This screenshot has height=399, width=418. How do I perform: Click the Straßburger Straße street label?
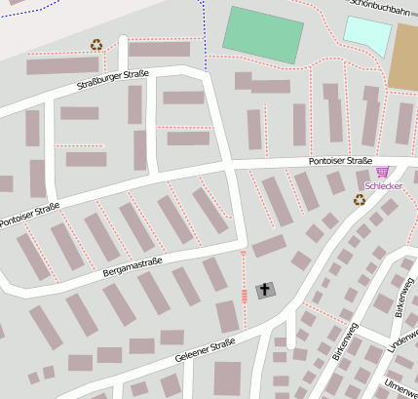coord(114,80)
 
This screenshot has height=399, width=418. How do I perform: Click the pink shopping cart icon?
coord(381,172)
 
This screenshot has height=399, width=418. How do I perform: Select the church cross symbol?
coord(264,290)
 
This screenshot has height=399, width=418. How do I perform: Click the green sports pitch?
coord(263,35)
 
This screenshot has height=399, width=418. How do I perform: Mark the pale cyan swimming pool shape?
coord(367,35)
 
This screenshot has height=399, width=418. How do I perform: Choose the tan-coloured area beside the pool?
coord(404,57)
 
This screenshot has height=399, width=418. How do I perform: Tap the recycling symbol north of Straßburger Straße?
coord(96,45)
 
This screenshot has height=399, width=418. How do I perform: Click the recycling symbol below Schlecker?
coord(360,200)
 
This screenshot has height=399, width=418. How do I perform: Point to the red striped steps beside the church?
coord(244,296)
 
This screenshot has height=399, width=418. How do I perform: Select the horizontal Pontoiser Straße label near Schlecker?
coord(340,160)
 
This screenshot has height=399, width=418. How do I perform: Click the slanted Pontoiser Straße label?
coord(29,216)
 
